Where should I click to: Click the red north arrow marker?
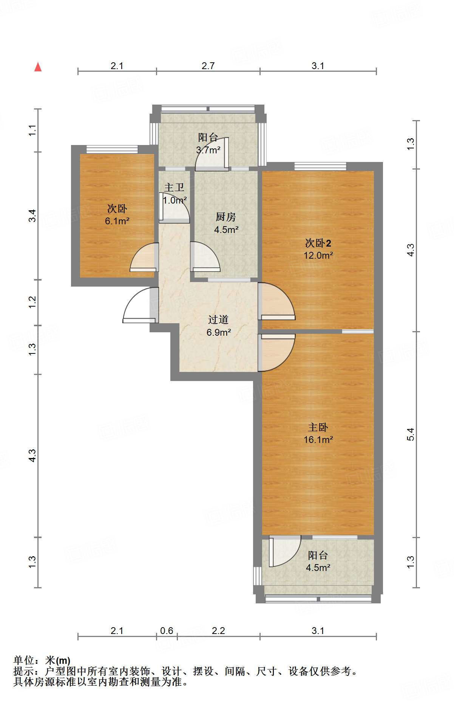tap(38, 67)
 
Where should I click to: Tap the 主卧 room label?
tap(318, 427)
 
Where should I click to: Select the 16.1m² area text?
tap(318, 440)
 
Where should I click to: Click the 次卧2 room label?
tap(318, 243)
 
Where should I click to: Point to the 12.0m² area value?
tap(318, 255)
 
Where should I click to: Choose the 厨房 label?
tap(225, 217)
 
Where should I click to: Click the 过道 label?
tap(218, 319)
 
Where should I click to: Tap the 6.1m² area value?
tap(117, 221)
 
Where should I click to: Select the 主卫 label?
tap(174, 187)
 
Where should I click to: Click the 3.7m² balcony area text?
tap(208, 150)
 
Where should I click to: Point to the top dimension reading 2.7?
tap(208, 66)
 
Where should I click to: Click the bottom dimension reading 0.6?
tap(167, 631)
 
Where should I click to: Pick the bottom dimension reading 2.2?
tap(218, 631)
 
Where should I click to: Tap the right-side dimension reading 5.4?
tap(411, 434)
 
